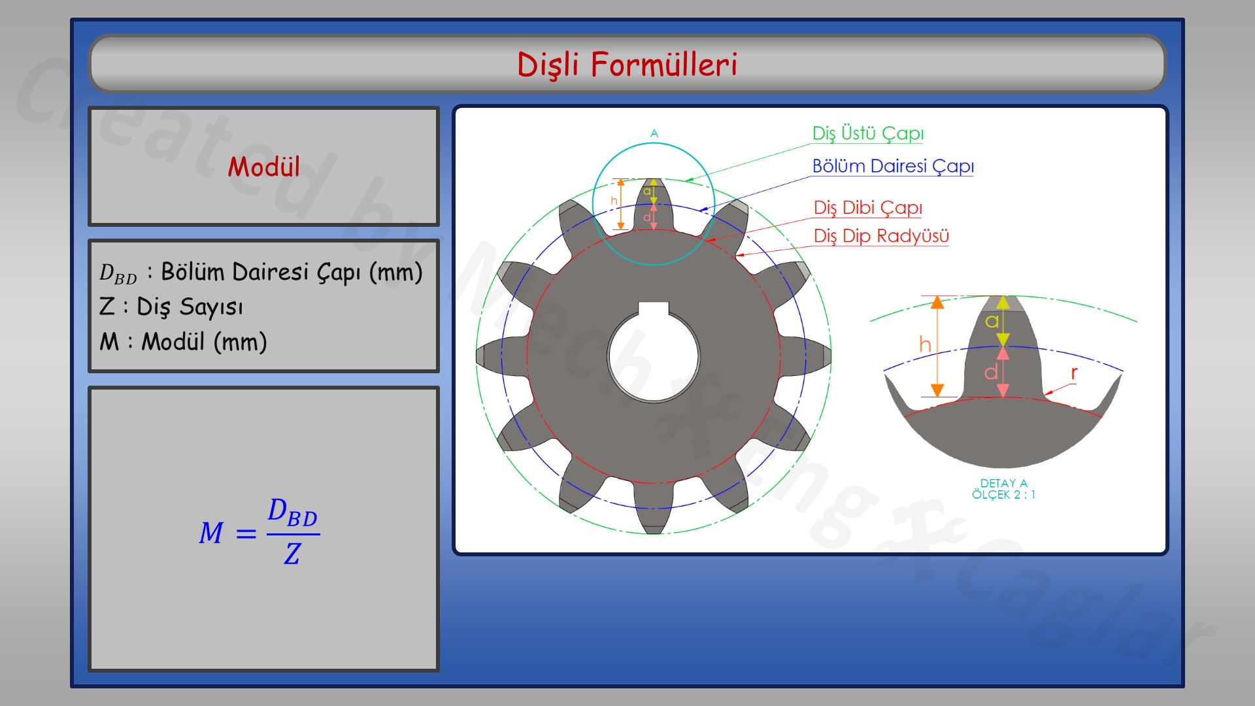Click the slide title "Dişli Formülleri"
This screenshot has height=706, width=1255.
(x=627, y=65)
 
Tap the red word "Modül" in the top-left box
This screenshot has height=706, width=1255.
(x=263, y=167)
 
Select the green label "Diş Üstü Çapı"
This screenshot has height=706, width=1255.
(x=867, y=133)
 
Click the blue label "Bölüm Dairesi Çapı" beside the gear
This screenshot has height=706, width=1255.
(x=892, y=166)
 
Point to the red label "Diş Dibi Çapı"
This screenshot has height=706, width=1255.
(x=867, y=208)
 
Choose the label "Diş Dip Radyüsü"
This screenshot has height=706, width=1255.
(x=880, y=236)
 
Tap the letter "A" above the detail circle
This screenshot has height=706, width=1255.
(x=654, y=133)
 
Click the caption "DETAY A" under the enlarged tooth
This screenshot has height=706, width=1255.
(x=1003, y=483)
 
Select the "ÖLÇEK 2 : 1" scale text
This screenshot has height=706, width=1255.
(x=1003, y=495)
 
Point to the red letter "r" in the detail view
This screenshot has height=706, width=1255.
(x=1074, y=373)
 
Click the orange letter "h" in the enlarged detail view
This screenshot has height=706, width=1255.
(x=925, y=344)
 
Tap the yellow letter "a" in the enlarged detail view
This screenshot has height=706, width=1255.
(x=992, y=321)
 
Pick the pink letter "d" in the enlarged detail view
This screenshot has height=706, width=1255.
(x=991, y=372)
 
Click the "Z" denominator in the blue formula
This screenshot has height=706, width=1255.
(x=292, y=554)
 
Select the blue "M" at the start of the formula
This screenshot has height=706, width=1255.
(x=211, y=533)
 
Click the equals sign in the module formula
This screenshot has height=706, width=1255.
(x=246, y=534)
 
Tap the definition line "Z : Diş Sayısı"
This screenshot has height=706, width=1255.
(x=171, y=307)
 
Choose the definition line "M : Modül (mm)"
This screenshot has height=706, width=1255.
(x=183, y=342)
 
